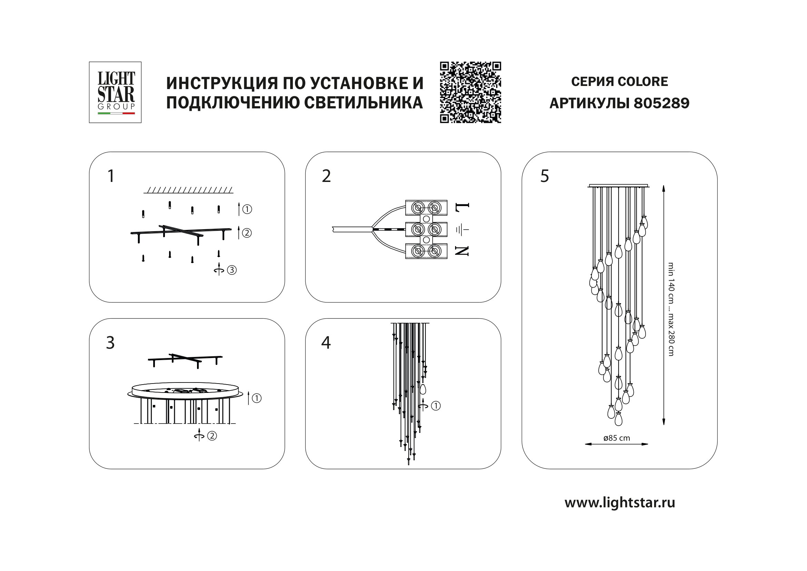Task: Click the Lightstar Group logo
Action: (x=115, y=93)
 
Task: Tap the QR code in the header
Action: (x=470, y=93)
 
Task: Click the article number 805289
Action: (x=661, y=103)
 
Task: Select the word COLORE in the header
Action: (x=643, y=81)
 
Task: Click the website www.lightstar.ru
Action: (x=620, y=503)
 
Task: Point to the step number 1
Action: (x=111, y=176)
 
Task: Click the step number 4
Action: (x=326, y=343)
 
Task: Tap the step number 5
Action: (x=544, y=176)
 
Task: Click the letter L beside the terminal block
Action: (x=462, y=210)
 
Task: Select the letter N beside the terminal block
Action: (x=462, y=251)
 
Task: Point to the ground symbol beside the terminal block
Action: (x=462, y=230)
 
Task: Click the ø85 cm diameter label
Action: (x=617, y=438)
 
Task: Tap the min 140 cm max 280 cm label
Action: (x=671, y=309)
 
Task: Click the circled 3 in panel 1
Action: (x=232, y=270)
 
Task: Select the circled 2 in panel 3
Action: (x=212, y=436)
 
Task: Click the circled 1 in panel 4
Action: (x=436, y=406)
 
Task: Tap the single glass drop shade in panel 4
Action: (x=423, y=389)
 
